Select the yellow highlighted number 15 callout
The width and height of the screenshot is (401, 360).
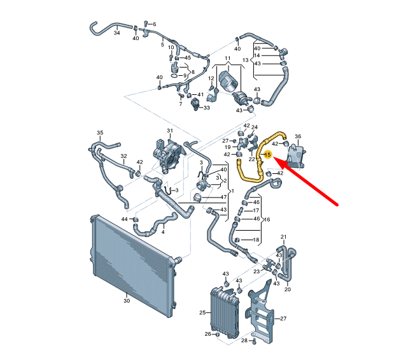point(268,155)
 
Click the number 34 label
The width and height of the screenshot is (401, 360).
point(116,32)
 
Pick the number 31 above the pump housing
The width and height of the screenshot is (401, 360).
point(170,131)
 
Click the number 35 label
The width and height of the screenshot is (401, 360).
point(100,133)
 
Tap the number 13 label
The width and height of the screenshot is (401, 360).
point(244,60)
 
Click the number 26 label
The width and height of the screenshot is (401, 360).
point(208,335)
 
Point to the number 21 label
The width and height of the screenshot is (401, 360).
point(284,236)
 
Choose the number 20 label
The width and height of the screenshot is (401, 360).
point(287,290)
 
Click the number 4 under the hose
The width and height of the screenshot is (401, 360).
point(163,232)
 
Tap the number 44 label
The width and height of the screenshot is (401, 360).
point(125,219)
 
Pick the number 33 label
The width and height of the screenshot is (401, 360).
point(206,108)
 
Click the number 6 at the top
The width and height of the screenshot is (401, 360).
point(154,24)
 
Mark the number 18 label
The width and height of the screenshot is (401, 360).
point(256,240)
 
